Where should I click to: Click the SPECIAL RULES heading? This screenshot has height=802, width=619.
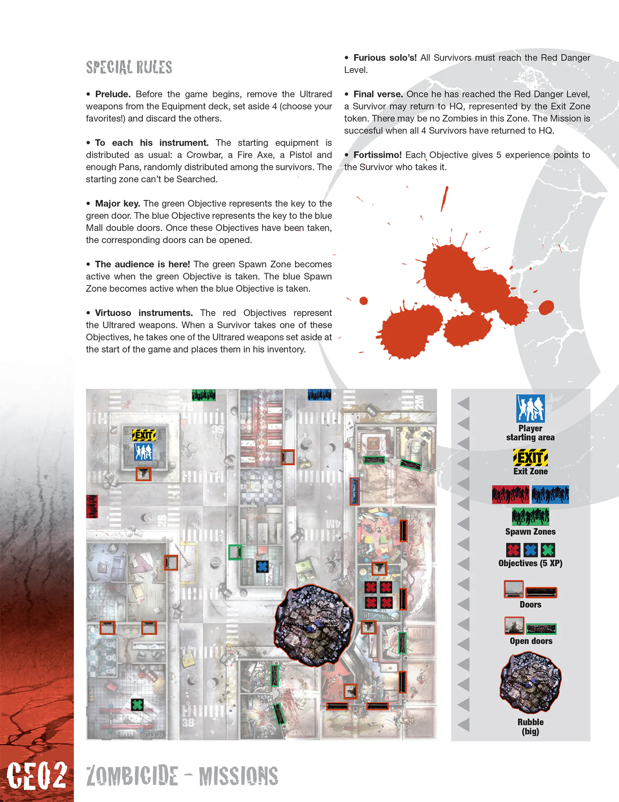(x=129, y=67)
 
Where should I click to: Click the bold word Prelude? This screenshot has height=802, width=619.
(x=113, y=94)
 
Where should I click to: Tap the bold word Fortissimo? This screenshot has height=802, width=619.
(x=377, y=155)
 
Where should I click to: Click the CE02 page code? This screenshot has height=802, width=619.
(x=37, y=776)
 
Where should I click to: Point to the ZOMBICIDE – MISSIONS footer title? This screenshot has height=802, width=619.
(x=182, y=776)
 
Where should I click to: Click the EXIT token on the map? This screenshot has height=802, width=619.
(x=144, y=435)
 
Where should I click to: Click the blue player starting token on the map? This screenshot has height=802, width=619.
(x=143, y=452)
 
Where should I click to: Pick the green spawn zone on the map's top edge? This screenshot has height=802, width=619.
(x=203, y=395)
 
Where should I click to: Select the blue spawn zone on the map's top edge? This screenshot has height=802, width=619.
(x=319, y=395)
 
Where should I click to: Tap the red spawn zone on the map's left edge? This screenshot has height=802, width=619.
(x=92, y=507)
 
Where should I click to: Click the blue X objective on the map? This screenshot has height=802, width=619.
(x=262, y=566)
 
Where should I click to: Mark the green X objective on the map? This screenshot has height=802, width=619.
(x=137, y=705)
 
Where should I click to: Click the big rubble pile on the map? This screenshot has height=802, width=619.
(x=314, y=625)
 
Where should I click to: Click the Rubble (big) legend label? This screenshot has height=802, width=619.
(x=530, y=726)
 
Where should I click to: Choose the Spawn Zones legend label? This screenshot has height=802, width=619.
(x=530, y=532)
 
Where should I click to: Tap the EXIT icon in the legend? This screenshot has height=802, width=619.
(x=530, y=458)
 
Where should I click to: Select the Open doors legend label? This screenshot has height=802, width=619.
(x=531, y=641)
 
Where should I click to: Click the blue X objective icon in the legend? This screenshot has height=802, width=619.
(x=531, y=550)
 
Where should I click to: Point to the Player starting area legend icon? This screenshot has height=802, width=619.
(x=530, y=408)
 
